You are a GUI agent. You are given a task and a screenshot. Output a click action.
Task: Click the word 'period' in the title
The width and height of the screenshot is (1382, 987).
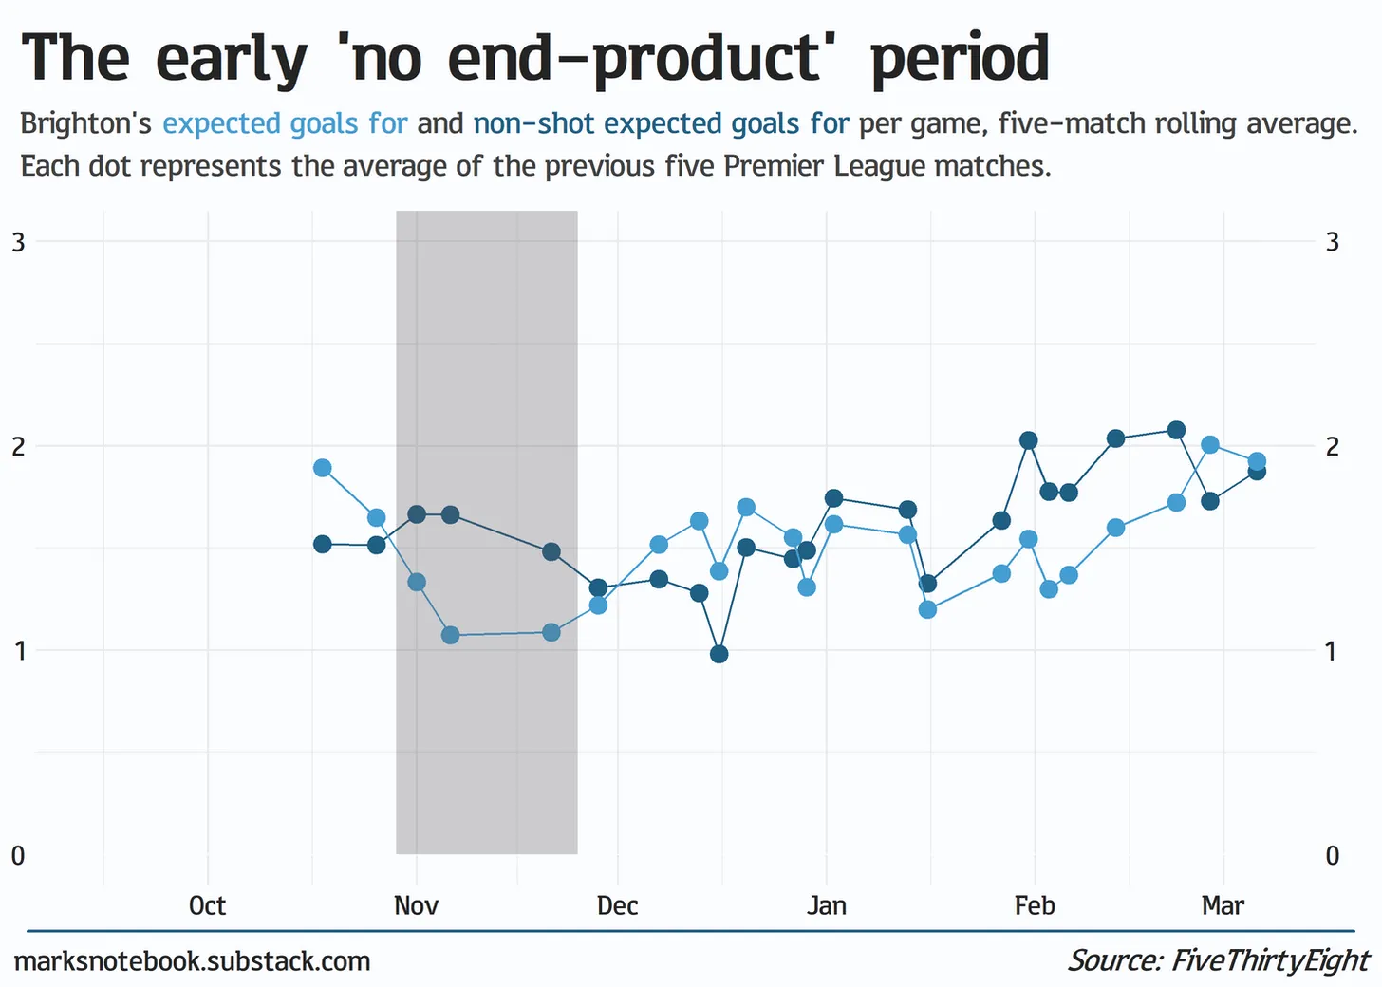tap(959, 59)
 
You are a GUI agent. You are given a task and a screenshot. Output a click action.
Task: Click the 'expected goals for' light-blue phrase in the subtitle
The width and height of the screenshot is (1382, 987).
tap(285, 123)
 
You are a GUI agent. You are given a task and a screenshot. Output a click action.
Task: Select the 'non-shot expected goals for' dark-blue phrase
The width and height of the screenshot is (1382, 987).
tap(661, 123)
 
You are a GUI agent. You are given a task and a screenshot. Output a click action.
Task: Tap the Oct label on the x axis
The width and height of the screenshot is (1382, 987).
tap(207, 905)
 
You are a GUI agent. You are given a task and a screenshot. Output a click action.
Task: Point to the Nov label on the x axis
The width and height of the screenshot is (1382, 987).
tap(416, 905)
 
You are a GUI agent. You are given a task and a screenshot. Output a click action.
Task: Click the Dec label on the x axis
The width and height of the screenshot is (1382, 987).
tap(617, 905)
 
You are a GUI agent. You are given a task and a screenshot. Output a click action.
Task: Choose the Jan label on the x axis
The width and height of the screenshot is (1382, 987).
tap(826, 905)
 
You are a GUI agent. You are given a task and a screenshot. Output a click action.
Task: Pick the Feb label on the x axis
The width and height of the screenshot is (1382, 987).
tap(1034, 905)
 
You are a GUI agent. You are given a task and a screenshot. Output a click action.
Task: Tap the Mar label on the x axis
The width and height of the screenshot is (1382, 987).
tap(1223, 905)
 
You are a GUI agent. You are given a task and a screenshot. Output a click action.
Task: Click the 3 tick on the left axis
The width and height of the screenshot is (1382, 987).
tap(18, 242)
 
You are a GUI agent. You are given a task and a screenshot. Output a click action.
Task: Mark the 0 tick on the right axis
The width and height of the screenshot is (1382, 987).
tap(1332, 856)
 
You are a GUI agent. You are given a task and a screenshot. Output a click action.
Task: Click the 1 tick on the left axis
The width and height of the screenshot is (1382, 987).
tap(18, 651)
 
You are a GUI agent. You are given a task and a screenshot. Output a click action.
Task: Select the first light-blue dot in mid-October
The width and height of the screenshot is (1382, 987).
tap(322, 468)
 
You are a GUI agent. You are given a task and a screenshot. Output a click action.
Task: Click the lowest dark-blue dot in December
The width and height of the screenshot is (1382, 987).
tap(719, 654)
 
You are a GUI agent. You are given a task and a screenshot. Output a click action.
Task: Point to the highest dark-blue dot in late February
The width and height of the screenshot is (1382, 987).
tap(1176, 430)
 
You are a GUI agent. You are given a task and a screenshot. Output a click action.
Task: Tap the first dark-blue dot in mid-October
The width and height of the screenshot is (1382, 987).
tap(322, 544)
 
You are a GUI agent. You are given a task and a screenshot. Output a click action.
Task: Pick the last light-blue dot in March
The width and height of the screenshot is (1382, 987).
tap(1257, 462)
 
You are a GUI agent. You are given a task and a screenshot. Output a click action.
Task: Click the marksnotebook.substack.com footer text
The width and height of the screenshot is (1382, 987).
tap(192, 961)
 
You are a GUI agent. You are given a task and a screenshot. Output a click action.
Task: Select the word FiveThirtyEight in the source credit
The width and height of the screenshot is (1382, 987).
tap(1270, 960)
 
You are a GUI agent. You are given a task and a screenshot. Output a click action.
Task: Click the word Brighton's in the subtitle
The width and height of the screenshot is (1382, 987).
tap(85, 123)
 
